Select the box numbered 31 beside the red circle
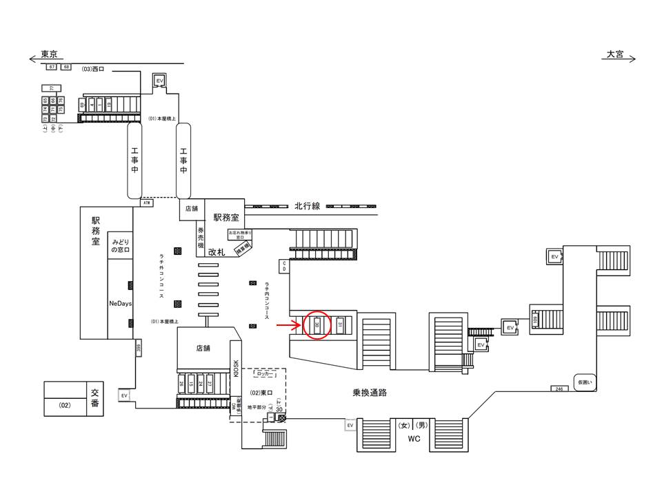(340, 324)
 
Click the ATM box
(146, 203)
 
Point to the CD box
(283, 265)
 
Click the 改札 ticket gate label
(218, 253)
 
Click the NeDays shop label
(120, 303)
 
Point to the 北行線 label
(307, 206)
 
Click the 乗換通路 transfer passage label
(364, 393)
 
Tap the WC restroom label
(413, 438)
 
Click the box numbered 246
(559, 389)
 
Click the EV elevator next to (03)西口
(160, 80)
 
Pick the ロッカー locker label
(265, 375)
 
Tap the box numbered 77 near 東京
(52, 87)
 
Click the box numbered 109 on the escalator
(534, 320)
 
